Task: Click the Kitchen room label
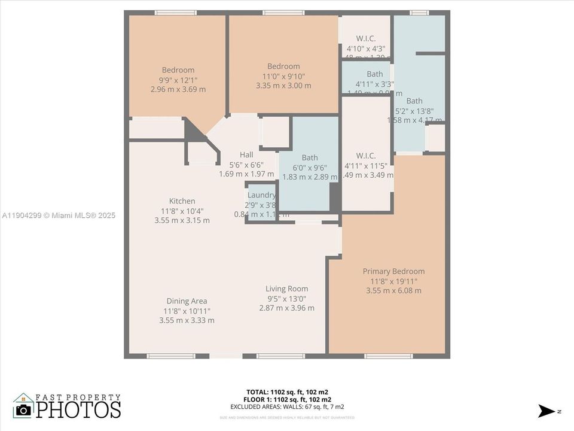click(x=182, y=201)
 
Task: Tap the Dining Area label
click(x=187, y=301)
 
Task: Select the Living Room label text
click(x=286, y=289)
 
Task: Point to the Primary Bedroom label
click(x=393, y=271)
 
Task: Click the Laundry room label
click(x=262, y=195)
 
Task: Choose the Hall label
click(x=246, y=154)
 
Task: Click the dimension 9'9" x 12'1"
click(x=178, y=80)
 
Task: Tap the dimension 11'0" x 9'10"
click(x=283, y=76)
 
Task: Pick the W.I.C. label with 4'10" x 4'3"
click(x=365, y=38)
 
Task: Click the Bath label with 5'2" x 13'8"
click(x=414, y=101)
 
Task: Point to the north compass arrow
click(x=546, y=411)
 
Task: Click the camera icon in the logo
click(x=24, y=409)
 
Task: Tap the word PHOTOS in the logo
click(x=78, y=409)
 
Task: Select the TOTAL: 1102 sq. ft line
click(x=286, y=392)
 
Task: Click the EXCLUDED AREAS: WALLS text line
click(x=286, y=406)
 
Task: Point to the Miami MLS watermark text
click(x=58, y=215)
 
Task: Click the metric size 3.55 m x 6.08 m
click(x=393, y=291)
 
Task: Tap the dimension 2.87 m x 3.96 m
click(x=286, y=308)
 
